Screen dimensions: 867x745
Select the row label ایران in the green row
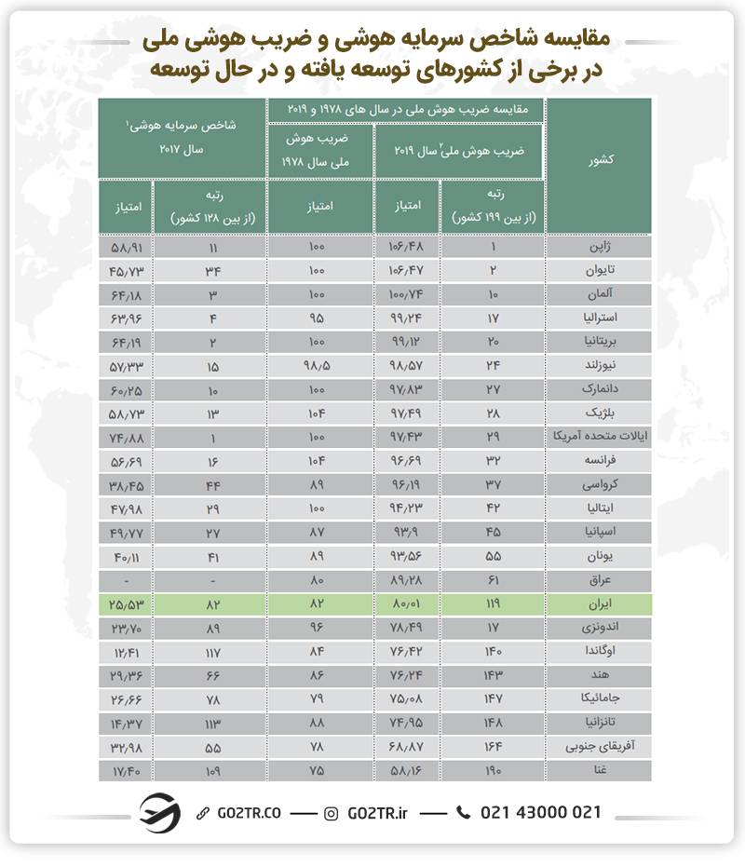[596, 603]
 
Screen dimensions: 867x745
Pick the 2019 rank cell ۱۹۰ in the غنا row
[493, 770]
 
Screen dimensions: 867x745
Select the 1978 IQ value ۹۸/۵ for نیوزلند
[319, 365]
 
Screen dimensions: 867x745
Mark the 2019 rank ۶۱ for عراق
[493, 579]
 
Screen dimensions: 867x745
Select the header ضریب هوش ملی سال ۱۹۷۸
[319, 149]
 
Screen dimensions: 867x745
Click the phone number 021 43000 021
[540, 812]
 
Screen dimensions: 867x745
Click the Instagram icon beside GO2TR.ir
[332, 813]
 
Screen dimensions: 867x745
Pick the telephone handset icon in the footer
[464, 813]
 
